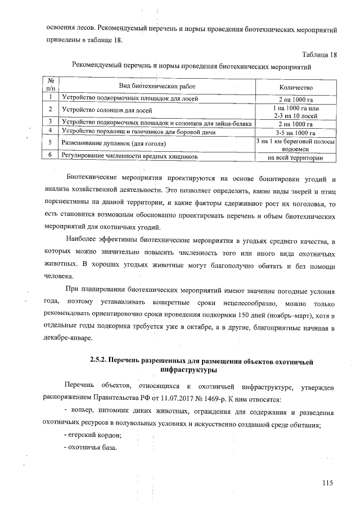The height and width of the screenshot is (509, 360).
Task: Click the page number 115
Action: click(x=328, y=482)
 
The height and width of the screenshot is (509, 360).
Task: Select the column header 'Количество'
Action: click(x=296, y=88)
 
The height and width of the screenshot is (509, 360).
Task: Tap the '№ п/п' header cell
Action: click(x=51, y=84)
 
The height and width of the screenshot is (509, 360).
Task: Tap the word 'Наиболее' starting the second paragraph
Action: click(x=81, y=241)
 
